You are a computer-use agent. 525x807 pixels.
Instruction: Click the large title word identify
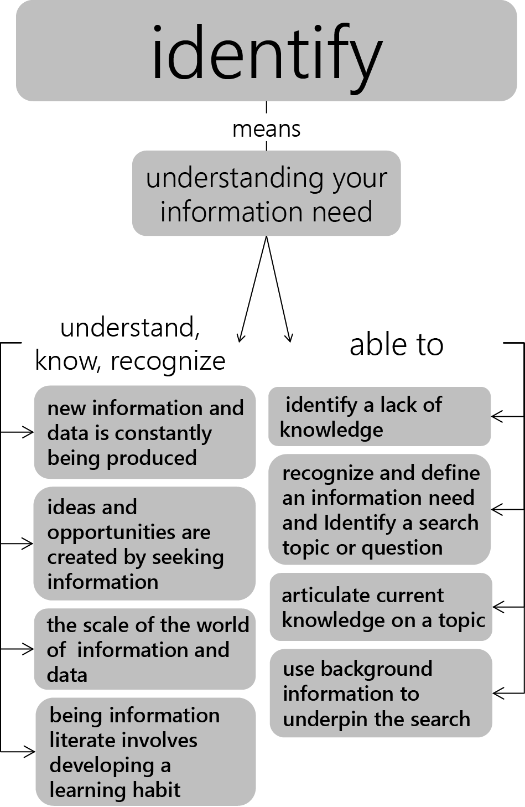click(x=267, y=54)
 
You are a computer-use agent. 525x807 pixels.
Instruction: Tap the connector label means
click(x=267, y=130)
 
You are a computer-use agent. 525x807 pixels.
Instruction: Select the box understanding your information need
click(x=267, y=193)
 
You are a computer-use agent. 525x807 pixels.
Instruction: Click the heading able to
click(x=397, y=345)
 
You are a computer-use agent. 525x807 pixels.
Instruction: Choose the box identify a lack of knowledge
click(x=380, y=416)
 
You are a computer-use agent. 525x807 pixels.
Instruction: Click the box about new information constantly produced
click(x=145, y=432)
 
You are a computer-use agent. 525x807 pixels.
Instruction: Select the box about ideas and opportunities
click(x=144, y=544)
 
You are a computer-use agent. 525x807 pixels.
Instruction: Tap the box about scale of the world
click(x=145, y=649)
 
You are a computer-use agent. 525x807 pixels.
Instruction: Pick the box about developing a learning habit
click(x=146, y=752)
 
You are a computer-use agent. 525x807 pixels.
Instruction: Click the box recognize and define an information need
click(x=380, y=509)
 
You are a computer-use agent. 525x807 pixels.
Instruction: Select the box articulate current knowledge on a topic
click(x=381, y=607)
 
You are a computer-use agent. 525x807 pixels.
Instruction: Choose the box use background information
click(x=381, y=693)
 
